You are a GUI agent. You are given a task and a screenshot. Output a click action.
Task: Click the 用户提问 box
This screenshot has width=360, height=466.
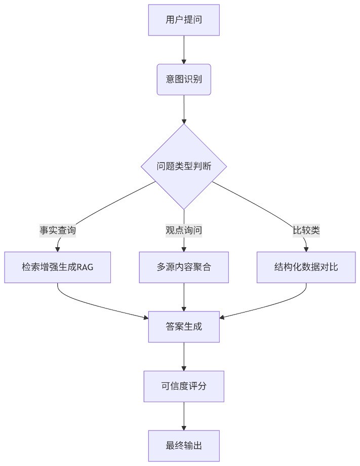pos(184,20)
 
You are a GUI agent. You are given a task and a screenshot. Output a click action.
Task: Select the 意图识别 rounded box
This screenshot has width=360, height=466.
pos(184,80)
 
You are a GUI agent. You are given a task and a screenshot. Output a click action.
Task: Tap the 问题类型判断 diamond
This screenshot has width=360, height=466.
pos(184,166)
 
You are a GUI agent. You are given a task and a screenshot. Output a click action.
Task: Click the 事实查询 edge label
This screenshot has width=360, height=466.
pos(58,230)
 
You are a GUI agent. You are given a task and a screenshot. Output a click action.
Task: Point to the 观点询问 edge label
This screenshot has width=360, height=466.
pos(184,230)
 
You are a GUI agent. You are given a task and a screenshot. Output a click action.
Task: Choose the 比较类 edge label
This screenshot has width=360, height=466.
pos(306,230)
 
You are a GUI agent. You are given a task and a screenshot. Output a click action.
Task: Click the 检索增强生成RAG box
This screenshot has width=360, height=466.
pos(58,267)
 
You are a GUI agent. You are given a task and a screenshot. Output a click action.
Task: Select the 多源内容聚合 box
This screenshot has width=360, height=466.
pos(184,267)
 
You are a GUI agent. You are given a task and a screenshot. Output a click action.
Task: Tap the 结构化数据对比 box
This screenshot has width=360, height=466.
pos(306,267)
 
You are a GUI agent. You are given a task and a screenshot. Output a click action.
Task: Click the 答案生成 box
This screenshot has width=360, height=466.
pos(184,327)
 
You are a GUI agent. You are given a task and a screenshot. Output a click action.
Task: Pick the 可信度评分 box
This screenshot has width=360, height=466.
pos(184,386)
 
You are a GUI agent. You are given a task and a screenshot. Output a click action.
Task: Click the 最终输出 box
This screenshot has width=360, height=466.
pos(184,446)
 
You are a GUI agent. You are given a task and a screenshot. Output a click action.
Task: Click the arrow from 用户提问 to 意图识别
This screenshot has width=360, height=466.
pos(184,50)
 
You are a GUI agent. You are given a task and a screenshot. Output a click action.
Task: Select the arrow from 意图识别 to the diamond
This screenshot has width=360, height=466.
pos(184,109)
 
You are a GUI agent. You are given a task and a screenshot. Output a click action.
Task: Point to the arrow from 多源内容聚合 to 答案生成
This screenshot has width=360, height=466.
pos(184,297)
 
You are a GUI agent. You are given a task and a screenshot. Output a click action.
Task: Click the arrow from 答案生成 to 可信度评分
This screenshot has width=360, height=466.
pos(184,357)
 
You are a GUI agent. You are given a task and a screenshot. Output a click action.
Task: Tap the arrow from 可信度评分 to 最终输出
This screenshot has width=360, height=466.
pos(184,416)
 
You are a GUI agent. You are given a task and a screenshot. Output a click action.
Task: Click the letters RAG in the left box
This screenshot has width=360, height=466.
pos(85,267)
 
